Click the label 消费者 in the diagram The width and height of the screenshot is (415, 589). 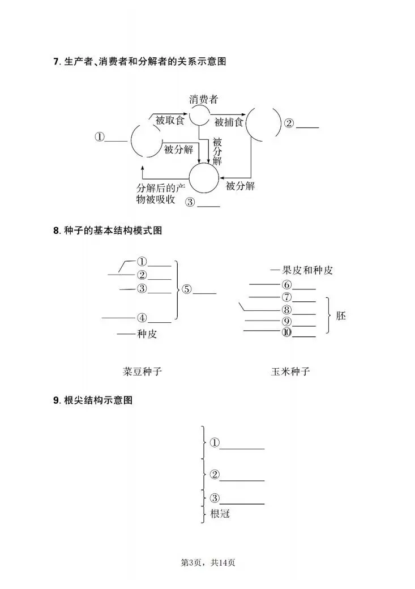(x=203, y=99)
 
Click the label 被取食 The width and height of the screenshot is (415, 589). (x=170, y=119)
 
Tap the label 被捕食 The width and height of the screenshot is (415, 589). (x=229, y=122)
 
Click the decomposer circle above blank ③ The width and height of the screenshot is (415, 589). (x=203, y=178)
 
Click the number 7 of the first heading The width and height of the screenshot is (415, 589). (x=55, y=61)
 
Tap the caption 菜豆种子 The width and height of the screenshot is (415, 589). (x=142, y=372)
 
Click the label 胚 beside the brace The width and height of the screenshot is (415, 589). (x=341, y=315)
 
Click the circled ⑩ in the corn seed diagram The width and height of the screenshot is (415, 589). (x=286, y=333)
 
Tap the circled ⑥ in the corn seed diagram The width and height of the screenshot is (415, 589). (x=286, y=285)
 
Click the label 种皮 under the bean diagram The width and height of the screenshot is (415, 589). (x=147, y=334)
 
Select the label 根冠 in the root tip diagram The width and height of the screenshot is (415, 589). (x=220, y=514)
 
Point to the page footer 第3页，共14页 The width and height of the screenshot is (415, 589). (x=207, y=562)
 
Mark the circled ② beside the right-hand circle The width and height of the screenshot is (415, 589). (x=289, y=123)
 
